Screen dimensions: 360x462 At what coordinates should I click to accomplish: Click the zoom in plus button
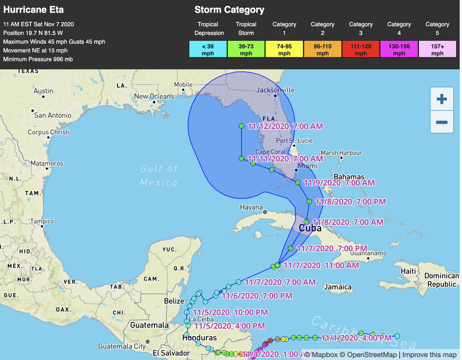point(442,99)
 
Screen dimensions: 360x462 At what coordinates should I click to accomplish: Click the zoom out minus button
point(442,122)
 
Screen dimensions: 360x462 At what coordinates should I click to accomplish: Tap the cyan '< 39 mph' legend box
point(208,50)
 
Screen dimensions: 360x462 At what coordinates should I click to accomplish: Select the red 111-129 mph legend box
point(361,50)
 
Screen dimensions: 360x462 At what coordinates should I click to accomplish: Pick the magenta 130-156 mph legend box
point(399,50)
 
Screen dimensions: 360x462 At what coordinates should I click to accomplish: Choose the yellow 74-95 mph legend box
point(284,50)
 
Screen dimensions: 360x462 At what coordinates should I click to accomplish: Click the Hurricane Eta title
point(33,10)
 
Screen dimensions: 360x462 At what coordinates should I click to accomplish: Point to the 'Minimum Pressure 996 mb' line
point(38,59)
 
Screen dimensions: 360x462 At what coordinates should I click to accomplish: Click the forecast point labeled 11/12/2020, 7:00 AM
point(241,126)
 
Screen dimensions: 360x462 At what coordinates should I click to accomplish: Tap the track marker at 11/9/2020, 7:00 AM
point(298,183)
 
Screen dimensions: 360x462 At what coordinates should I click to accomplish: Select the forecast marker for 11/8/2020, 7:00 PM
point(309,201)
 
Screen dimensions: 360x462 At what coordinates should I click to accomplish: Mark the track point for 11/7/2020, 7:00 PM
point(291,248)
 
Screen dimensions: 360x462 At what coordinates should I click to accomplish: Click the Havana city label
point(251,207)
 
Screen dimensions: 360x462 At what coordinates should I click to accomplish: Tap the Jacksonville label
point(275,90)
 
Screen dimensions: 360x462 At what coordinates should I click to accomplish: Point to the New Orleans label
point(154,96)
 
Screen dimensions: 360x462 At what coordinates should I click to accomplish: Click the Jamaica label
point(338,287)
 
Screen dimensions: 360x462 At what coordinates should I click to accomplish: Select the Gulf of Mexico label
point(159,175)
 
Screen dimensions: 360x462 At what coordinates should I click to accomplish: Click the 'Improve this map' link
point(429,355)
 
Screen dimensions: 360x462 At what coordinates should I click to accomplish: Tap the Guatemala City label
point(122,346)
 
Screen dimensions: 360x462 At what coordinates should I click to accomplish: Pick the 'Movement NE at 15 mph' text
point(35,50)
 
